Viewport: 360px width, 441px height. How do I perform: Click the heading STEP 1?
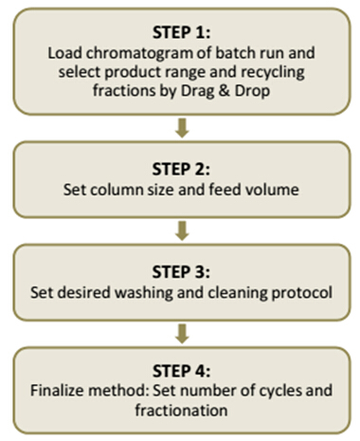click(x=181, y=32)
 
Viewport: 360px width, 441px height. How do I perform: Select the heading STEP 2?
click(x=181, y=169)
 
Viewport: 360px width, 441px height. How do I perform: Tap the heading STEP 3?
click(x=181, y=272)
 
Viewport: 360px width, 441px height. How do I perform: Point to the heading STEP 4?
click(x=181, y=371)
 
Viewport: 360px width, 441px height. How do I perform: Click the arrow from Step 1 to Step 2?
click(x=182, y=128)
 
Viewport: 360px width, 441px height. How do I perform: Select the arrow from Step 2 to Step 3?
click(x=182, y=230)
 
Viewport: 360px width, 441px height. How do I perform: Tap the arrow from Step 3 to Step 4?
click(x=182, y=334)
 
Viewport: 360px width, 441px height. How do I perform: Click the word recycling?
click(x=273, y=73)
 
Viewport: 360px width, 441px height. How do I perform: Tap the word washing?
click(x=144, y=293)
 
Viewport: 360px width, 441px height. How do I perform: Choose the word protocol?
click(x=302, y=293)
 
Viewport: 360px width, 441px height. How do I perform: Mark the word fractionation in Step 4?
click(x=181, y=410)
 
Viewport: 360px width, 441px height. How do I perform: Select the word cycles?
click(x=279, y=391)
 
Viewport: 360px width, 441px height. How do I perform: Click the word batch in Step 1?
click(x=234, y=53)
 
